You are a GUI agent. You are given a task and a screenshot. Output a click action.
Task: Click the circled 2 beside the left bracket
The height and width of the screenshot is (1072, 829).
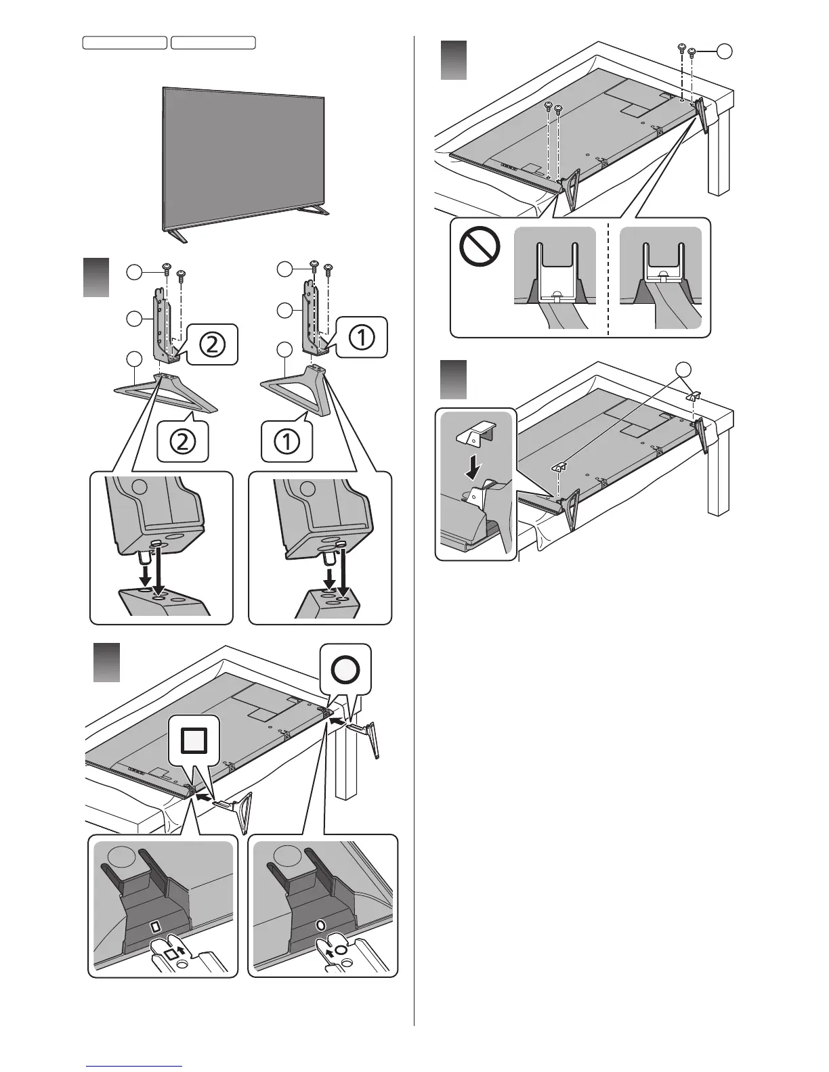click(212, 344)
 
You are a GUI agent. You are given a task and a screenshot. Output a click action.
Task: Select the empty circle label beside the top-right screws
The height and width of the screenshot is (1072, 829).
click(725, 51)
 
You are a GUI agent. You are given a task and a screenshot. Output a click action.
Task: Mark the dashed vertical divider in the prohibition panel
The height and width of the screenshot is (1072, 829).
click(608, 277)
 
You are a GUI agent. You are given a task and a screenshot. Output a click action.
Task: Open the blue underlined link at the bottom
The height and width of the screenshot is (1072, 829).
click(135, 1065)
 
